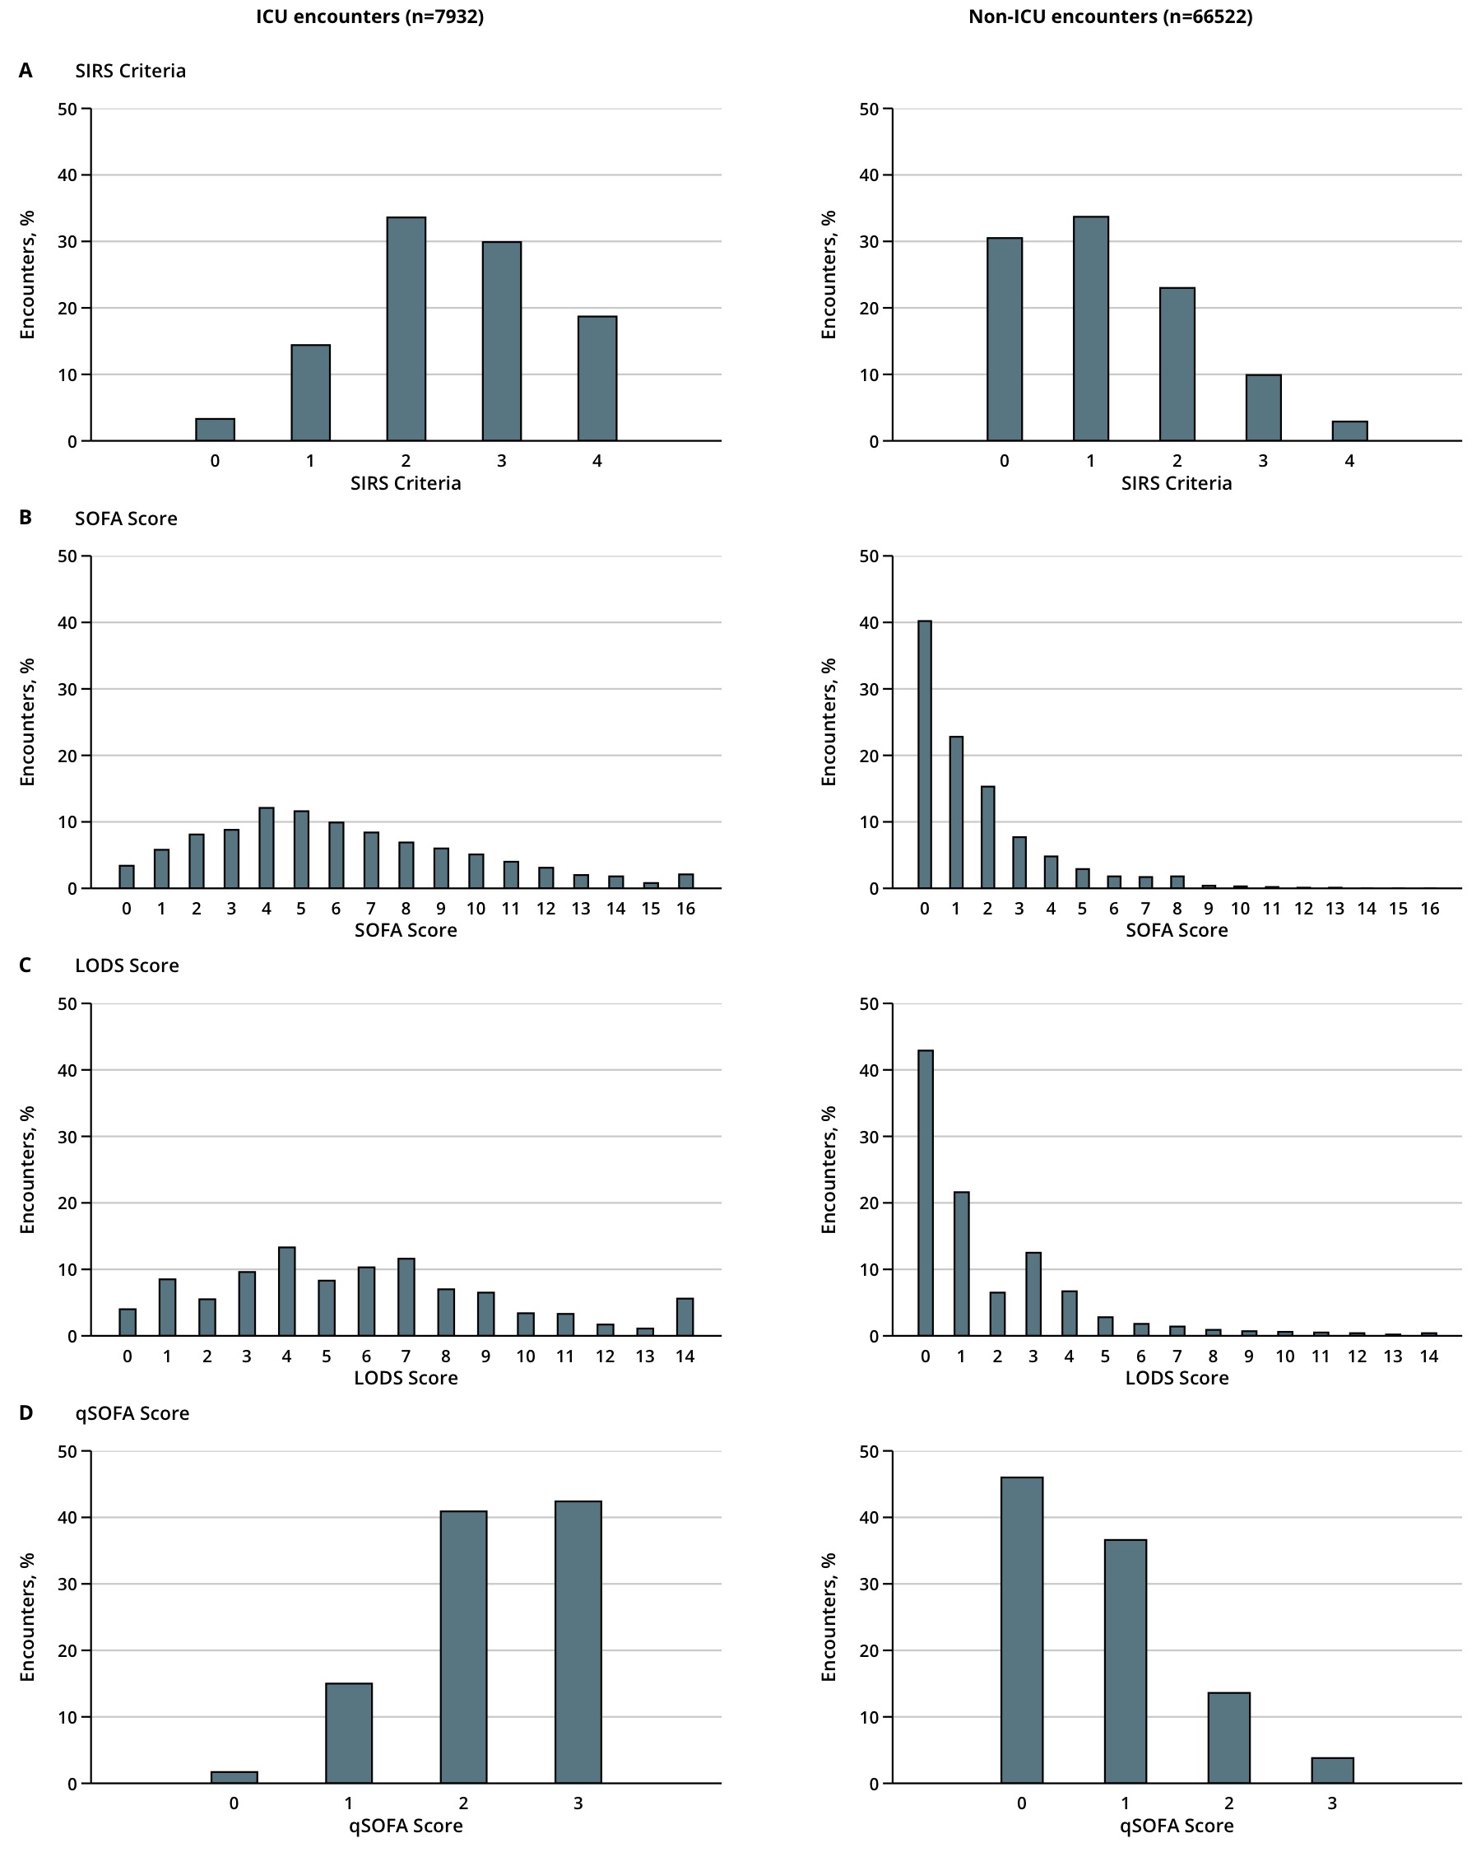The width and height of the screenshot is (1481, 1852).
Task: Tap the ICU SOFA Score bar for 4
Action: point(266,848)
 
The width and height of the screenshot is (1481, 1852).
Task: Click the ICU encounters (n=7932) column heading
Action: point(370,16)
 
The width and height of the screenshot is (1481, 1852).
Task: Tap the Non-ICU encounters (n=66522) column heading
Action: point(1110,16)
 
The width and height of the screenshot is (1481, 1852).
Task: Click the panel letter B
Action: point(26,518)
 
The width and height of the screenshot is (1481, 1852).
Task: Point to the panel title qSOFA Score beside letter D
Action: point(132,1413)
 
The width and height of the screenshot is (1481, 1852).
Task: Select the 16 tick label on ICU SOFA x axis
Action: point(685,909)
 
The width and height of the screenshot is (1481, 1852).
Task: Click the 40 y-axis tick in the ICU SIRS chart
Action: point(67,175)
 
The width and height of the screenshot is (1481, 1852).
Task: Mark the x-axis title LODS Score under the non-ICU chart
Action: point(1177,1378)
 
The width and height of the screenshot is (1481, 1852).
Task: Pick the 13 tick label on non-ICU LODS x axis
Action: point(1393,1356)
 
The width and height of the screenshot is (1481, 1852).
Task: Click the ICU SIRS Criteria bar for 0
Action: point(215,430)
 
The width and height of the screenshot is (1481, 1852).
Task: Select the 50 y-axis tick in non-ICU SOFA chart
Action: point(869,556)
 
